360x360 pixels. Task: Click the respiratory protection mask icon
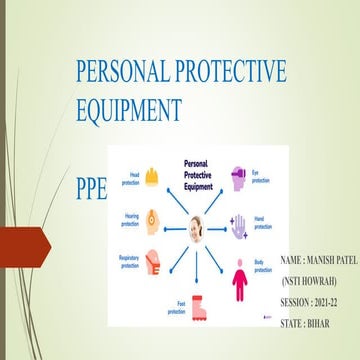(x=151, y=266)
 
